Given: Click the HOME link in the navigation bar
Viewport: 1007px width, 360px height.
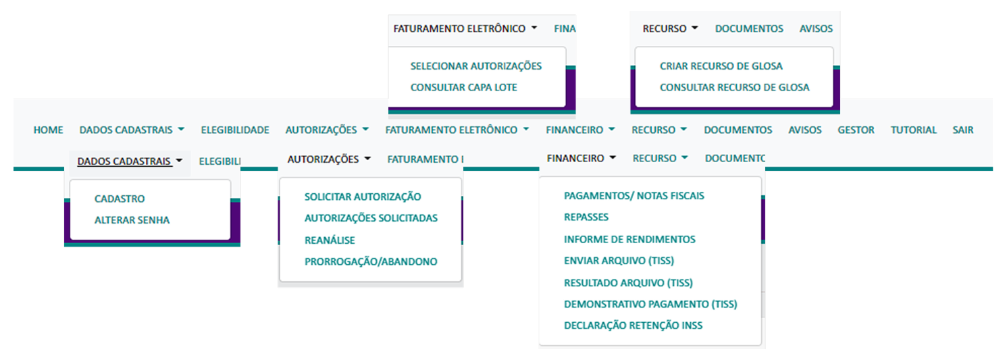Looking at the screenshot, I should [x=48, y=130].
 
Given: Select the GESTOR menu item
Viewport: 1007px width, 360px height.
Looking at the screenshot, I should [x=856, y=130].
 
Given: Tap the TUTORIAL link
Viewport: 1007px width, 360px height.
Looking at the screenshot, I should [x=913, y=130].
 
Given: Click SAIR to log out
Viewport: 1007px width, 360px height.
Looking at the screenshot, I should [x=962, y=130].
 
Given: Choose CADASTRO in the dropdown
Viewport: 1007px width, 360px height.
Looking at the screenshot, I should [x=120, y=199].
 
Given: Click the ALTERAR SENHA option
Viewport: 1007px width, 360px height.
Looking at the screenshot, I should [x=132, y=220].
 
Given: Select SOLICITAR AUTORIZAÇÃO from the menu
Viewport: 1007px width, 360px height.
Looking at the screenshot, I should [x=363, y=197].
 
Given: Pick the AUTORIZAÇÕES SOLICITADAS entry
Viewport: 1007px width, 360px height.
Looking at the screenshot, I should [x=371, y=218].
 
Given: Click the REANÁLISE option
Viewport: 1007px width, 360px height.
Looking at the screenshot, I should [x=330, y=240].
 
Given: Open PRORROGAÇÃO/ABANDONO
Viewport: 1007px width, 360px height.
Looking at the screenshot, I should [x=371, y=261].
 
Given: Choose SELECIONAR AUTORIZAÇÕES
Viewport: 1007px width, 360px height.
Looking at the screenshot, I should [x=476, y=66].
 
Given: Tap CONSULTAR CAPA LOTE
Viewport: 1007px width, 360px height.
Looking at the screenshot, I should [x=464, y=88].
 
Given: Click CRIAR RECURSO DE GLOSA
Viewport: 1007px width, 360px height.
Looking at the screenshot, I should [x=721, y=66].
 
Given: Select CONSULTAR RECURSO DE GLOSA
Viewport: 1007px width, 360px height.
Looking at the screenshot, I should [x=734, y=87].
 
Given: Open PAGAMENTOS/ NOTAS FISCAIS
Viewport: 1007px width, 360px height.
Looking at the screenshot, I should [x=634, y=196].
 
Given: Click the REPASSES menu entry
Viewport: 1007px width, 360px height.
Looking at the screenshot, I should [x=586, y=217].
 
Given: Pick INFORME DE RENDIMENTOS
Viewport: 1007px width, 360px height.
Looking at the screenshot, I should [x=629, y=239].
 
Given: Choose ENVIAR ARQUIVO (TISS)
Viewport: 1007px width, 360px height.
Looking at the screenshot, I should [x=619, y=261].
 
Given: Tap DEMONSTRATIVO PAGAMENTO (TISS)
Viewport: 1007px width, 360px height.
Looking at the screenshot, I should [x=650, y=304].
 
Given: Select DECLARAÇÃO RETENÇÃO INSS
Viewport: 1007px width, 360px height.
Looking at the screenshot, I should [x=633, y=326].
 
